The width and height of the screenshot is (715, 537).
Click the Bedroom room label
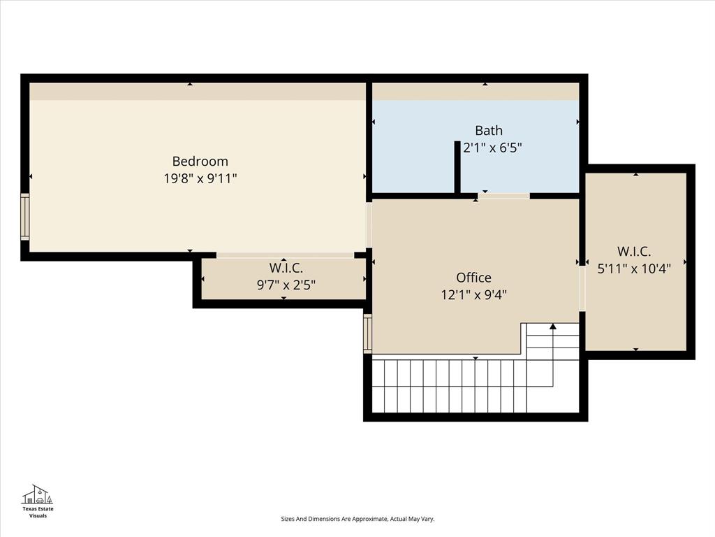[x=200, y=162]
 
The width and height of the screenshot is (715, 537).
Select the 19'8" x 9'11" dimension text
[x=200, y=178]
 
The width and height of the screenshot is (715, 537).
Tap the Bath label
[x=488, y=130]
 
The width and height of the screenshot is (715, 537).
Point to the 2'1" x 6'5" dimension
[x=493, y=148]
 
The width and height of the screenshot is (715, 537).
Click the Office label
[x=473, y=278]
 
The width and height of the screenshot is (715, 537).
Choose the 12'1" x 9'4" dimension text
[x=473, y=294]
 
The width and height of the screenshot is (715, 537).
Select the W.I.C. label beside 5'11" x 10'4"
[x=634, y=251]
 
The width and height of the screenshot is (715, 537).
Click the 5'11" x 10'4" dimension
[x=634, y=268]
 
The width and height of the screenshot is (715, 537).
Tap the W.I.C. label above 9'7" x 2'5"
[x=286, y=268]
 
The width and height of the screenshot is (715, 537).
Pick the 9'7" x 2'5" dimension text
[x=286, y=285]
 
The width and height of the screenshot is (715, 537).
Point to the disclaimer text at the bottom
[x=357, y=519]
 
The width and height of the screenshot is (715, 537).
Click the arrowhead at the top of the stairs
[x=553, y=326]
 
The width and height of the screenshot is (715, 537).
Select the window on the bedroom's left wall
[x=25, y=217]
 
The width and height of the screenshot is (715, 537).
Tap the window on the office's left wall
[x=367, y=334]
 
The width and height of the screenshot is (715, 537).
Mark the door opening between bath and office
[x=503, y=196]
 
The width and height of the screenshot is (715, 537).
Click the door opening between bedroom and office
[x=369, y=224]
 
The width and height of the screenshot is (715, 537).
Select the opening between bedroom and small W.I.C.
[x=285, y=255]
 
